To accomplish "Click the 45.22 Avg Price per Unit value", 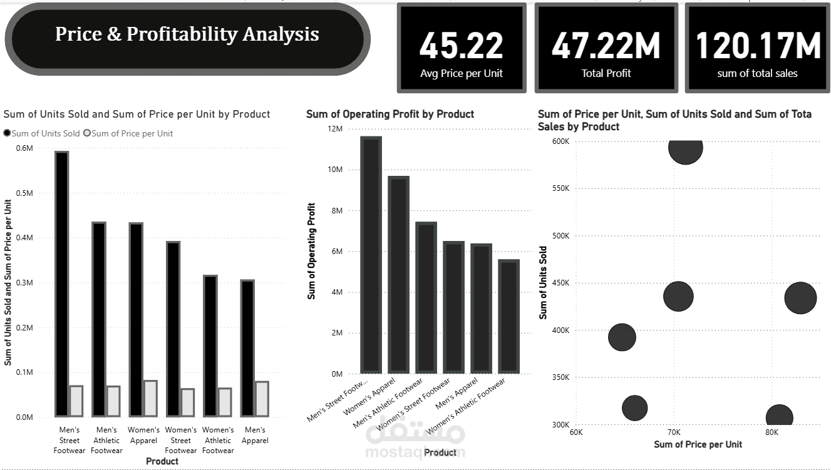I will click(461, 46).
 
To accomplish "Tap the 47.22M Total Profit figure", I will click(606, 46).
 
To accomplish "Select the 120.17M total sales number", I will click(758, 46).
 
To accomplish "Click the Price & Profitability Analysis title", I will click(187, 34).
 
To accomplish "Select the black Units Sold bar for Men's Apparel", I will click(247, 347).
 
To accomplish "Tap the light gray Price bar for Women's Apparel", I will click(150, 398).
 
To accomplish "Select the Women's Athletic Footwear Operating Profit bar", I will click(508, 316).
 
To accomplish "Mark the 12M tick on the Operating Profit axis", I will click(335, 129).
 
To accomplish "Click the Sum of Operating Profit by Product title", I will click(390, 114).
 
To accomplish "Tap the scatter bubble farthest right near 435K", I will click(800, 298).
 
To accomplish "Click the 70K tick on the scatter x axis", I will click(674, 432).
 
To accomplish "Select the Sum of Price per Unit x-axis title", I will click(698, 444).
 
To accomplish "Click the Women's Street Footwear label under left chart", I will click(181, 440).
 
